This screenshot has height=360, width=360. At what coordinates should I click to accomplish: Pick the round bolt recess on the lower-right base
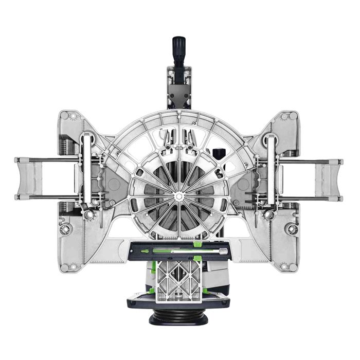[x=293, y=228]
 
